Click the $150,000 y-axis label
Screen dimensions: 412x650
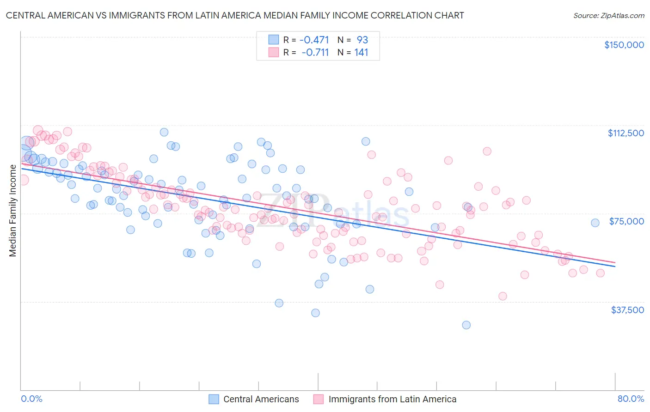(x=624, y=45)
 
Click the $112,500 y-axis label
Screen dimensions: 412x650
(x=625, y=133)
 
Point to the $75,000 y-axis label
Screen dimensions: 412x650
(x=626, y=221)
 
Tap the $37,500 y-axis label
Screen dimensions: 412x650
(x=627, y=310)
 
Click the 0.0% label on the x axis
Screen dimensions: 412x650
(x=31, y=399)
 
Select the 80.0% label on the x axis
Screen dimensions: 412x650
(x=631, y=399)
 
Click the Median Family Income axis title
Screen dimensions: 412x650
(x=12, y=211)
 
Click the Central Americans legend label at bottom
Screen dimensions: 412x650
(x=261, y=400)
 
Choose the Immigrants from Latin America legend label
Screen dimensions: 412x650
(x=392, y=400)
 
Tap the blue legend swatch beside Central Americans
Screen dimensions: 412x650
(x=214, y=400)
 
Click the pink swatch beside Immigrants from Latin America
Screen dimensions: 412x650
(x=319, y=400)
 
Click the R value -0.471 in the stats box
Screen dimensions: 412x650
(x=315, y=40)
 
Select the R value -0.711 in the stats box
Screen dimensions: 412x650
(x=315, y=53)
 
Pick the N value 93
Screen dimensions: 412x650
(x=362, y=40)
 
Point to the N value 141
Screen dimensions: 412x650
(x=361, y=53)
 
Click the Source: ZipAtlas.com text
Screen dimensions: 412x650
(x=608, y=16)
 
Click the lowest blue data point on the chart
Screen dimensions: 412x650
(x=466, y=325)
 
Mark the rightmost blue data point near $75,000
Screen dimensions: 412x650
(x=595, y=223)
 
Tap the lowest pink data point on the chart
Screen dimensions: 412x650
(x=503, y=296)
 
